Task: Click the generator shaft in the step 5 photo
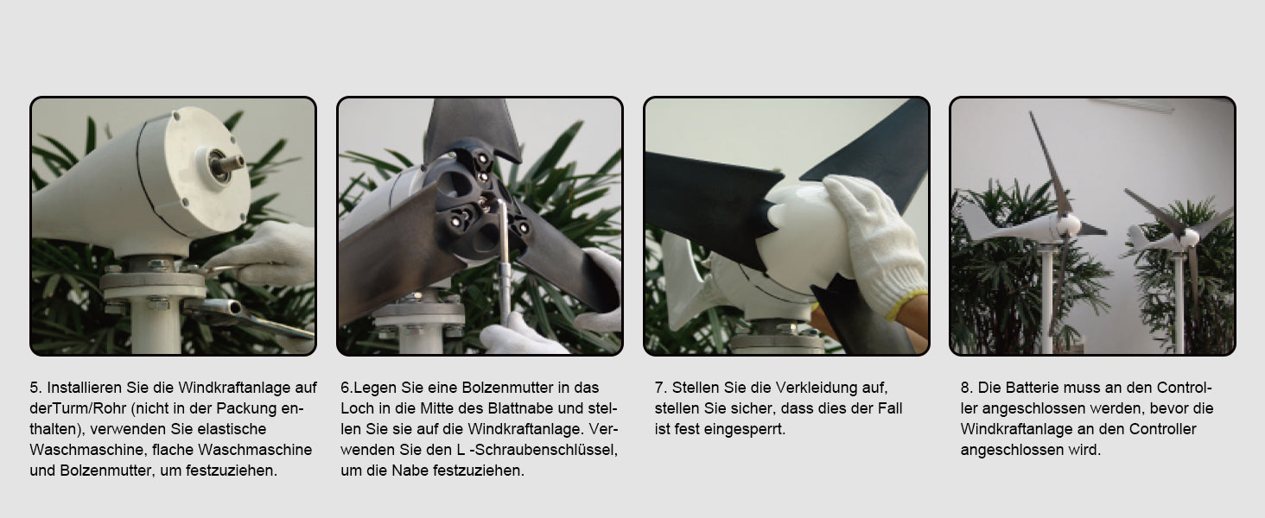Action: click(x=229, y=164)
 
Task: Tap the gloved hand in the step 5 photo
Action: click(x=265, y=254)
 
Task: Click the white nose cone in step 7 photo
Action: click(x=802, y=237)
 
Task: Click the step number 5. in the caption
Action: click(x=35, y=388)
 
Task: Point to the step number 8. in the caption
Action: click(x=966, y=388)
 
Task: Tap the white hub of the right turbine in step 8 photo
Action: click(x=1190, y=238)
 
